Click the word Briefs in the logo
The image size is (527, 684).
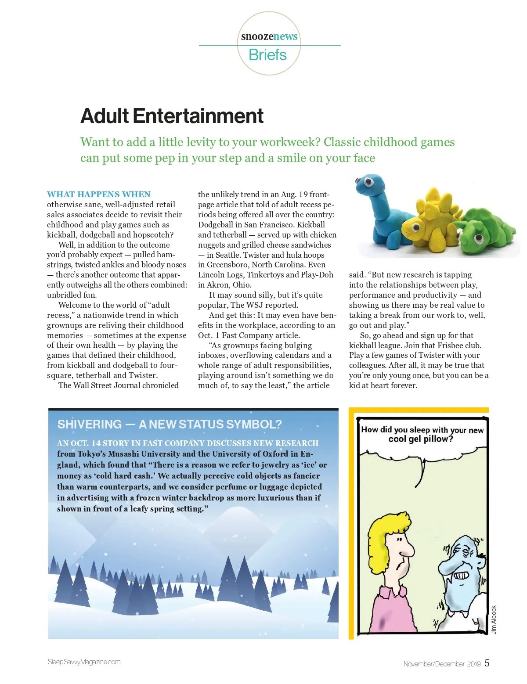coord(267,55)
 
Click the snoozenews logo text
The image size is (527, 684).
coord(269,36)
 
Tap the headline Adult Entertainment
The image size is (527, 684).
coord(172,116)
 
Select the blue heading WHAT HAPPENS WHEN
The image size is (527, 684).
coord(99,194)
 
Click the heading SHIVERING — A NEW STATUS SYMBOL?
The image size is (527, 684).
coord(170,424)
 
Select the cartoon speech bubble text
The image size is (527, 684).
coord(422,434)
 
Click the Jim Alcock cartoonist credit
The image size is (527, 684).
coord(494,619)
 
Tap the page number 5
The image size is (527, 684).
coord(487,663)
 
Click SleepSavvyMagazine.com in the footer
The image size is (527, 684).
coord(84,662)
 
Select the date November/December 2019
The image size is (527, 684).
coord(442,664)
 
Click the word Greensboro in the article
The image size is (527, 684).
coord(228,265)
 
